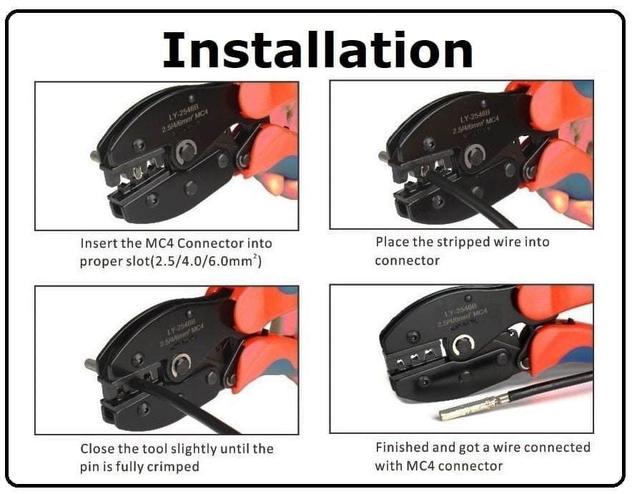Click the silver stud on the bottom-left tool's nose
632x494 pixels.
coord(91,363)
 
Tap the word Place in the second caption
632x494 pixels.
coord(392,242)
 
